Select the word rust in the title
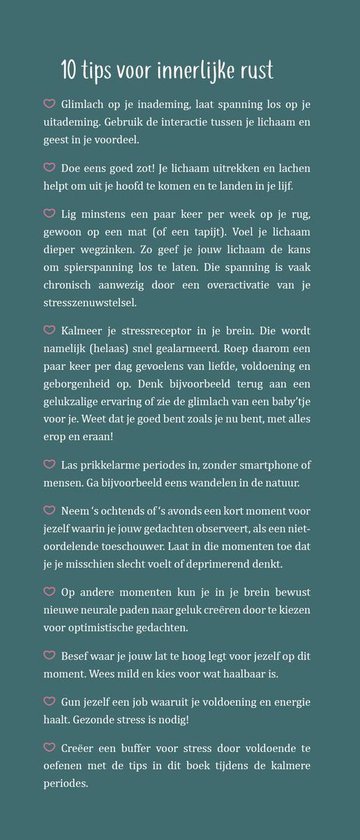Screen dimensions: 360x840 tap(253, 70)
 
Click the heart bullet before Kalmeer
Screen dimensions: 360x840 tap(49, 330)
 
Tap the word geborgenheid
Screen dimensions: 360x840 tap(98, 385)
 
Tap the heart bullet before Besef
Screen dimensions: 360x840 tap(49, 656)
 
